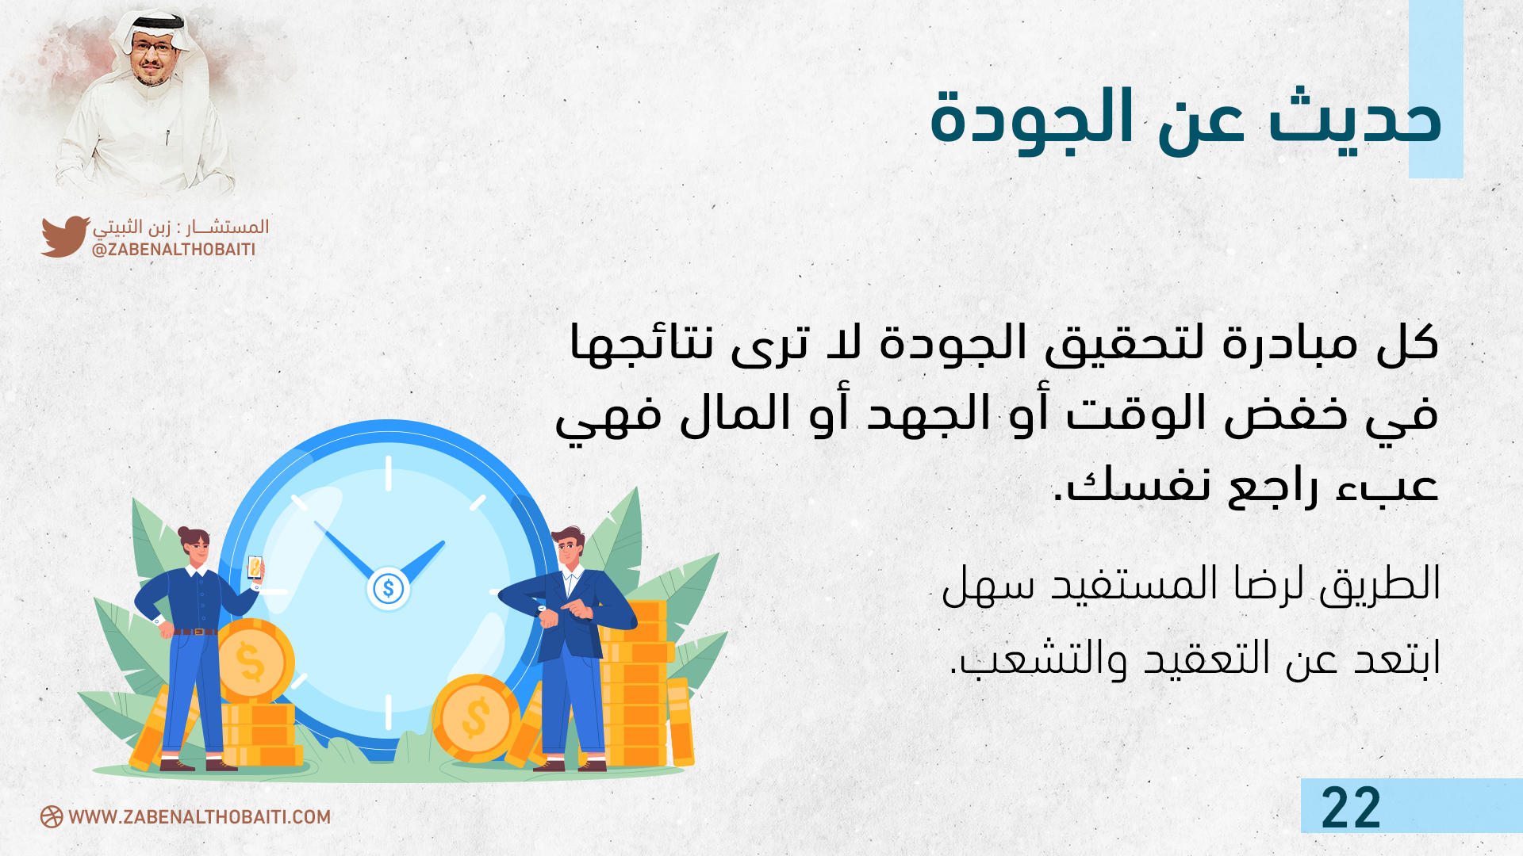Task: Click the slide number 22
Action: pyautogui.click(x=1351, y=808)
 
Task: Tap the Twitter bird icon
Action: pyautogui.click(x=65, y=236)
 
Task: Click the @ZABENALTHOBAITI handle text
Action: pyautogui.click(x=174, y=250)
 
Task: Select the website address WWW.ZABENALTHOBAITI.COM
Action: pyautogui.click(x=199, y=817)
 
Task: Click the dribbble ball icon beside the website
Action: pyautogui.click(x=52, y=817)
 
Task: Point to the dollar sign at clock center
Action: pyautogui.click(x=389, y=589)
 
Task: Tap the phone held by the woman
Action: pyautogui.click(x=255, y=567)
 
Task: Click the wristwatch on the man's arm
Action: pyautogui.click(x=543, y=609)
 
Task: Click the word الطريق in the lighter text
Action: pyautogui.click(x=1380, y=583)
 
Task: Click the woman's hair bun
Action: pyautogui.click(x=184, y=532)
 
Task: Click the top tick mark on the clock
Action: pyautogui.click(x=388, y=473)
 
